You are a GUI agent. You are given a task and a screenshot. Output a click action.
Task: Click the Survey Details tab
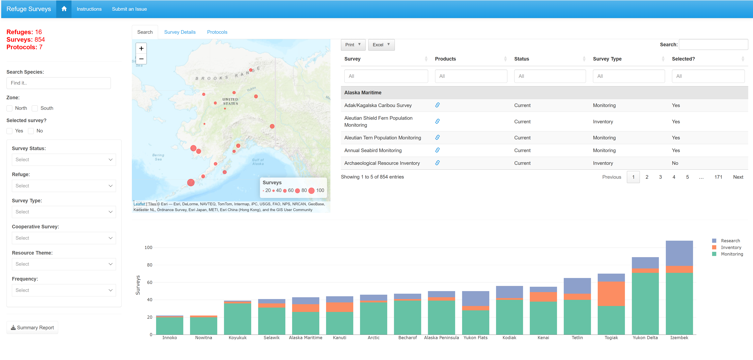coord(180,32)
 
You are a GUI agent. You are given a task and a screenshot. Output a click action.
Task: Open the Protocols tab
coord(217,32)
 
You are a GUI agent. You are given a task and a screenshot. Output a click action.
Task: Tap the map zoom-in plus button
coord(141,48)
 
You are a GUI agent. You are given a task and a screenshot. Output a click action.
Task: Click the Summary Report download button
coord(32,328)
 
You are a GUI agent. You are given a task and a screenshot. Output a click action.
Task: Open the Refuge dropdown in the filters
coord(64,186)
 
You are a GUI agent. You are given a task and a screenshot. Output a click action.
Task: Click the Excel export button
coord(381,45)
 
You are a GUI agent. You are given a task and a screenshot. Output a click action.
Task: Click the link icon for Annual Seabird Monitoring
coord(437,150)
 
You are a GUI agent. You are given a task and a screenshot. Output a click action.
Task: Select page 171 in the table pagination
coord(718,177)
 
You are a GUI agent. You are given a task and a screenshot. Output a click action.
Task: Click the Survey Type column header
coord(607,59)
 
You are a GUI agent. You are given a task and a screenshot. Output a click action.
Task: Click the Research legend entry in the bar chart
coord(730,241)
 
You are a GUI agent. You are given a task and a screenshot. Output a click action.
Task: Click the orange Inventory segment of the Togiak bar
coord(611,294)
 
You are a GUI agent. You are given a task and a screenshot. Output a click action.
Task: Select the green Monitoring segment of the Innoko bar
coord(170,326)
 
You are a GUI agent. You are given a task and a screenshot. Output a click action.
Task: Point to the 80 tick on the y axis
coord(149,265)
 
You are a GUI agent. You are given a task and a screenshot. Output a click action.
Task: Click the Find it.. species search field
coord(58,83)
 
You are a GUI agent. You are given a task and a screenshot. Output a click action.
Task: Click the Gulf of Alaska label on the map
coord(258,162)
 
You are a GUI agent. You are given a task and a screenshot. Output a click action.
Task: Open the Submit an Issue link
coord(129,9)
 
